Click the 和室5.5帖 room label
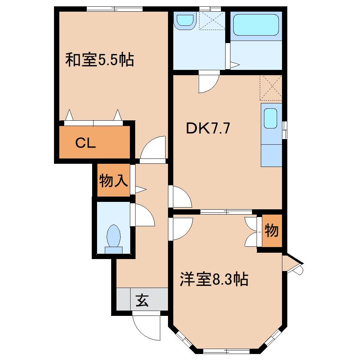coord(100,60)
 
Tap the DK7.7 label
coord(208,128)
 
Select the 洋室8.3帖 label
coord(214,280)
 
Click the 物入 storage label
coord(113,181)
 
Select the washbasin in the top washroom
coord(186,20)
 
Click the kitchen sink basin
coord(271,118)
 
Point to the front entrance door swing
coord(145,326)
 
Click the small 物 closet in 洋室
coord(272,231)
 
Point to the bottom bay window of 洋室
coord(226,351)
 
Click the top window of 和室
coord(115,9)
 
